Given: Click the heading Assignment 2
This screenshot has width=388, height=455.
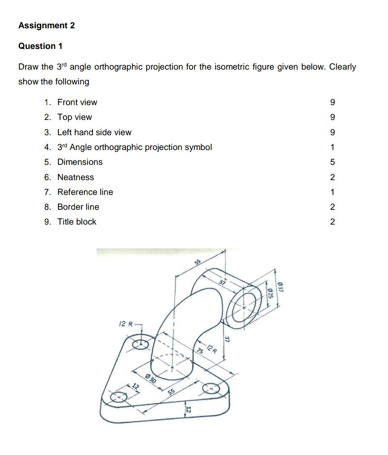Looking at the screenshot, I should [46, 26].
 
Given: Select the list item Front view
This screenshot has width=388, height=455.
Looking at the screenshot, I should [77, 102].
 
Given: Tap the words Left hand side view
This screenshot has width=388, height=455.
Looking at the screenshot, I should [94, 133].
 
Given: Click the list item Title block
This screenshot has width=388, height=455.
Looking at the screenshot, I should [76, 222].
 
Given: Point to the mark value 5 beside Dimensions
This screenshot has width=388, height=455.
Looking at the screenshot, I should [332, 162].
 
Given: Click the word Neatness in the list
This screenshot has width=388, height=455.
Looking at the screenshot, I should [75, 177].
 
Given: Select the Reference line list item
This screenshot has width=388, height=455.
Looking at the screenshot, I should [85, 192].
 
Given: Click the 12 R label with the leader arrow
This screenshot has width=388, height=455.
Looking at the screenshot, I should [124, 323].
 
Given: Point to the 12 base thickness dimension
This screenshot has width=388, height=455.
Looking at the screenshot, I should [188, 410].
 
